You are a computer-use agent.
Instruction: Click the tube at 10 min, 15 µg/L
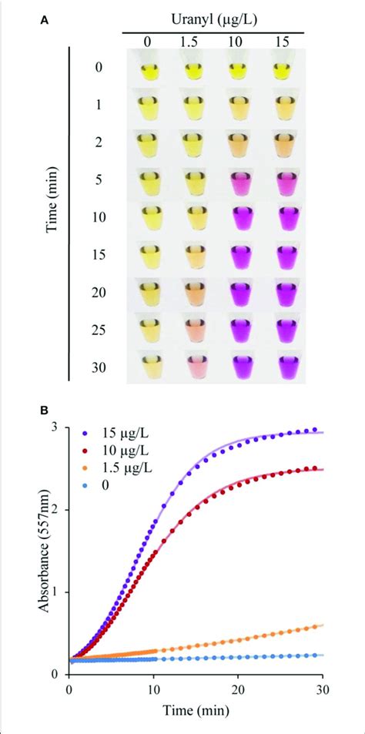click(x=284, y=218)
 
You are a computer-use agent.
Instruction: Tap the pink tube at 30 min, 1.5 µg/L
click(x=193, y=365)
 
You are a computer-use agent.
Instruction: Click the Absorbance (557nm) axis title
click(x=35, y=550)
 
